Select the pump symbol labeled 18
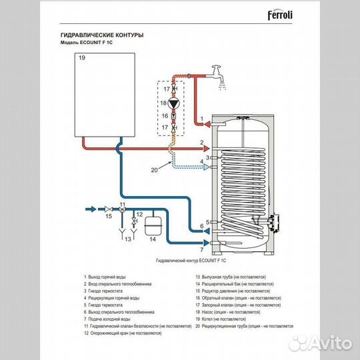(175, 103)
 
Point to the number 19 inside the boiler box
(83, 59)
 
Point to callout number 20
(154, 170)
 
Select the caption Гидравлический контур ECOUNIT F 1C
(191, 263)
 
